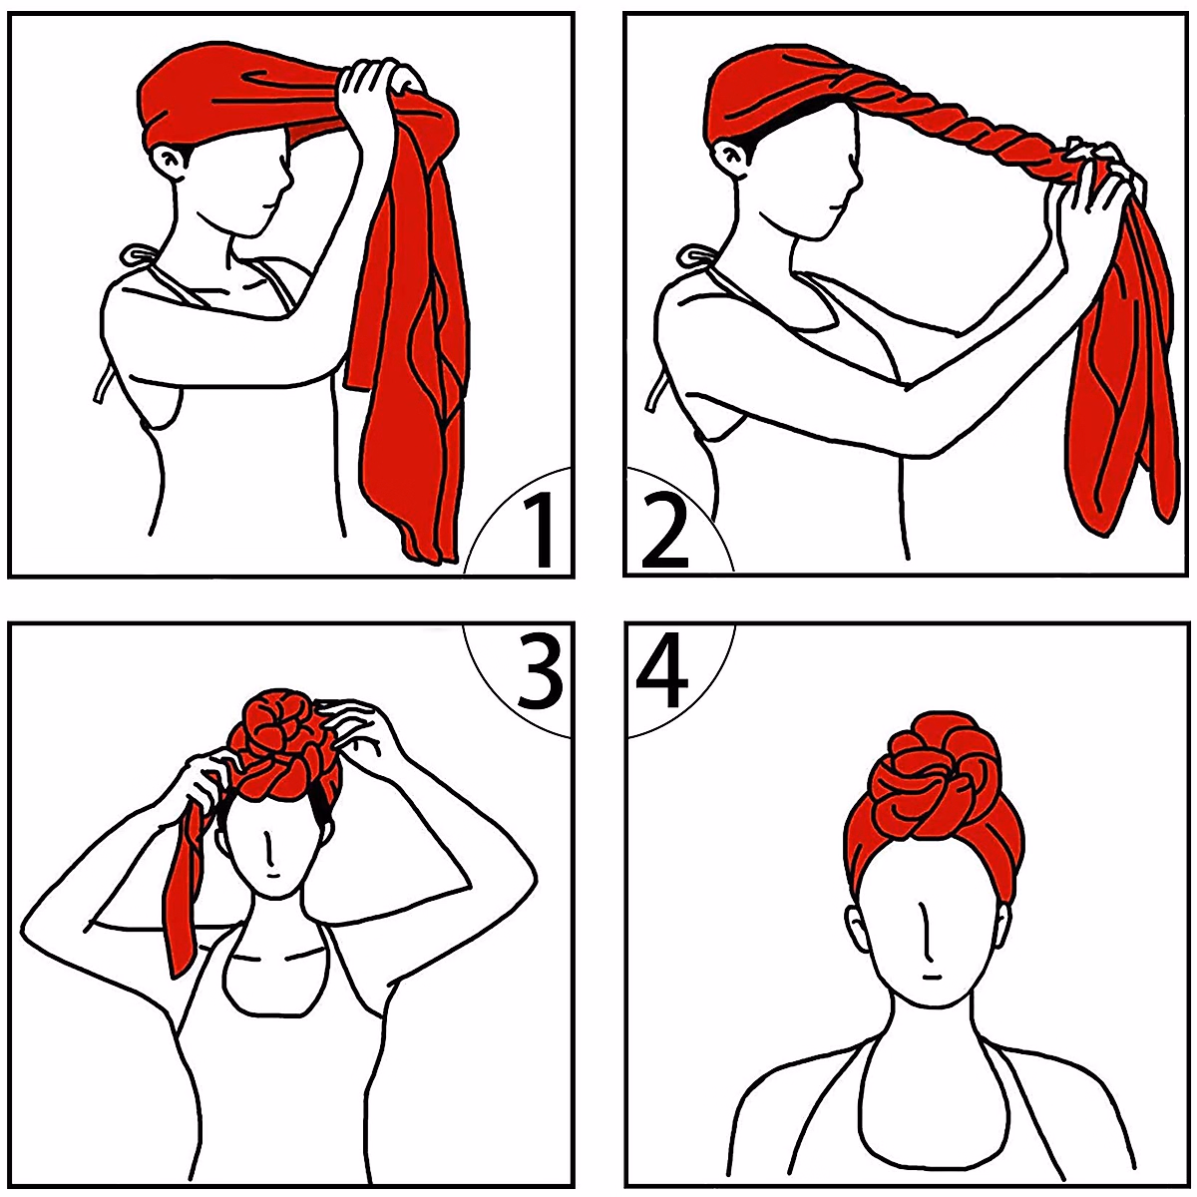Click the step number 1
(538, 531)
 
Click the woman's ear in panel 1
(167, 160)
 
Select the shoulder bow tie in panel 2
(695, 257)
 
